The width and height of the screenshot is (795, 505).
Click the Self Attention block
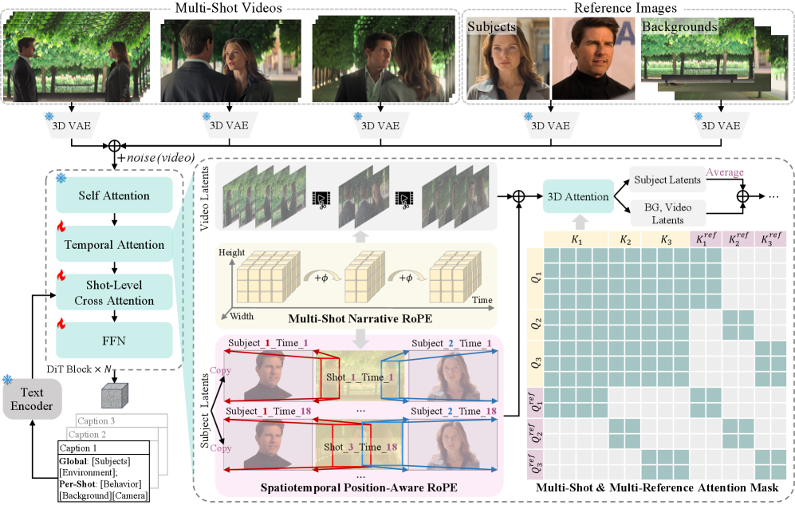point(114,195)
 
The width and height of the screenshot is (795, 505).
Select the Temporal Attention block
point(114,244)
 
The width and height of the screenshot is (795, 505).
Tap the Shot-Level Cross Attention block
point(114,293)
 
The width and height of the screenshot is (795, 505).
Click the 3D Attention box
point(577,195)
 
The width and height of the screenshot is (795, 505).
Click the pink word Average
point(724,172)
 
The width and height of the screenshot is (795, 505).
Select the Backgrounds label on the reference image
point(679,27)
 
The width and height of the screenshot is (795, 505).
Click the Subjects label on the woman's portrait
point(492,27)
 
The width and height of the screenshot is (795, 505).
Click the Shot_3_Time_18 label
point(360,448)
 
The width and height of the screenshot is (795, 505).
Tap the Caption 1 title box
point(89,448)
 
